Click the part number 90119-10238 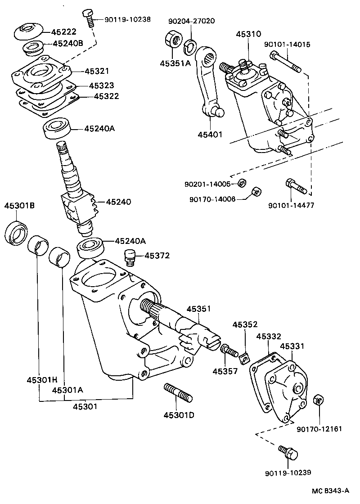[x=127, y=19]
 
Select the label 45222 [x=63, y=32]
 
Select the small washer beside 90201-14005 [x=241, y=183]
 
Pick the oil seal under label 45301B [x=17, y=233]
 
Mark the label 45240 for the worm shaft [x=118, y=202]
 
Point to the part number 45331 [x=292, y=346]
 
